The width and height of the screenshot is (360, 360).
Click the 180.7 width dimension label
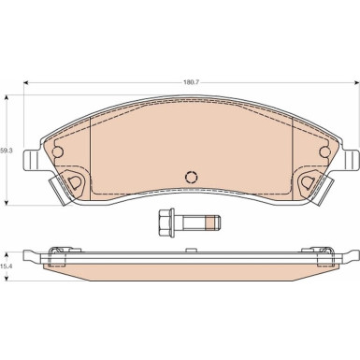pyautogui.click(x=191, y=82)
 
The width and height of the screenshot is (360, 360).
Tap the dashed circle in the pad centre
pyautogui.click(x=192, y=178)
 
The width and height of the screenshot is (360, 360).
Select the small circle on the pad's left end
pyautogui.click(x=58, y=151)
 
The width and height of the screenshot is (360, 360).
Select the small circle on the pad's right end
pyautogui.click(x=325, y=151)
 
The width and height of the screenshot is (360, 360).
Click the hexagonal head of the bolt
pyautogui.click(x=166, y=223)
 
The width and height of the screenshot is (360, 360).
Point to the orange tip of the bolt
pyautogui.click(x=211, y=223)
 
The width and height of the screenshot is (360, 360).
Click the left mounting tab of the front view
pyautogui.click(x=32, y=160)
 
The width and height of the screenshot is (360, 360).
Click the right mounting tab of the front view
pyautogui.click(x=351, y=160)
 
